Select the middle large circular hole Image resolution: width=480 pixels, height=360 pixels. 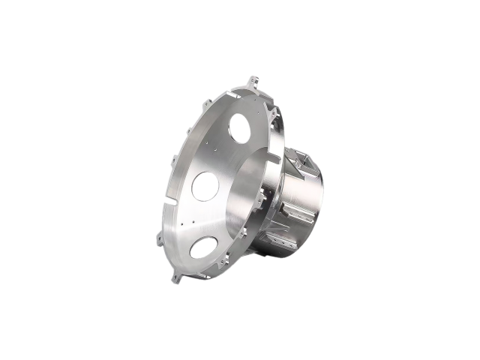[x=205, y=186]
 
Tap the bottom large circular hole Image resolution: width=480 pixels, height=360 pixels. [x=203, y=247]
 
